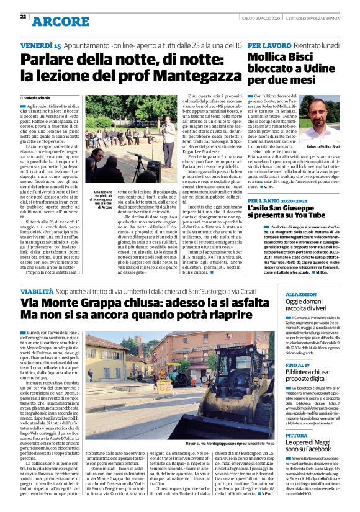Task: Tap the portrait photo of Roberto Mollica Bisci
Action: pyautogui.click(x=322, y=122)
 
